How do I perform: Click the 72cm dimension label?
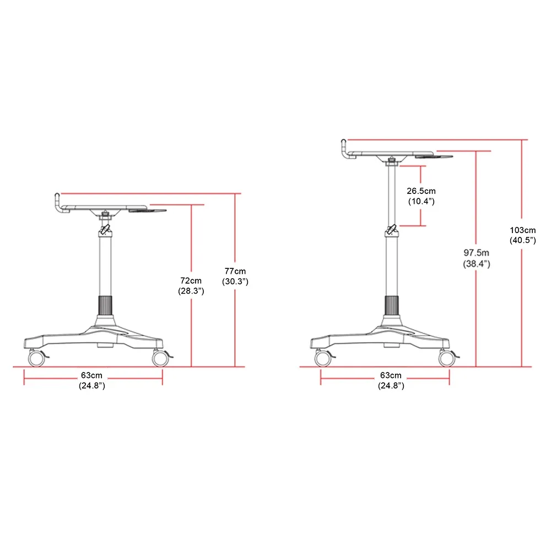click(x=191, y=281)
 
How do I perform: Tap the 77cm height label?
click(x=235, y=271)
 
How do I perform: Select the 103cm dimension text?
click(x=523, y=230)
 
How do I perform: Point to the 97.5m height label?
click(x=476, y=253)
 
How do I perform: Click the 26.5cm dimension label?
click(x=421, y=191)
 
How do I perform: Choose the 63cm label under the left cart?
click(x=91, y=375)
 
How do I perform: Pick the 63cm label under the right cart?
click(x=391, y=375)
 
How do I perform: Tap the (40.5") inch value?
click(x=523, y=240)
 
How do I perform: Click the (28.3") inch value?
click(x=191, y=291)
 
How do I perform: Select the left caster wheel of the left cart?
click(x=36, y=359)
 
